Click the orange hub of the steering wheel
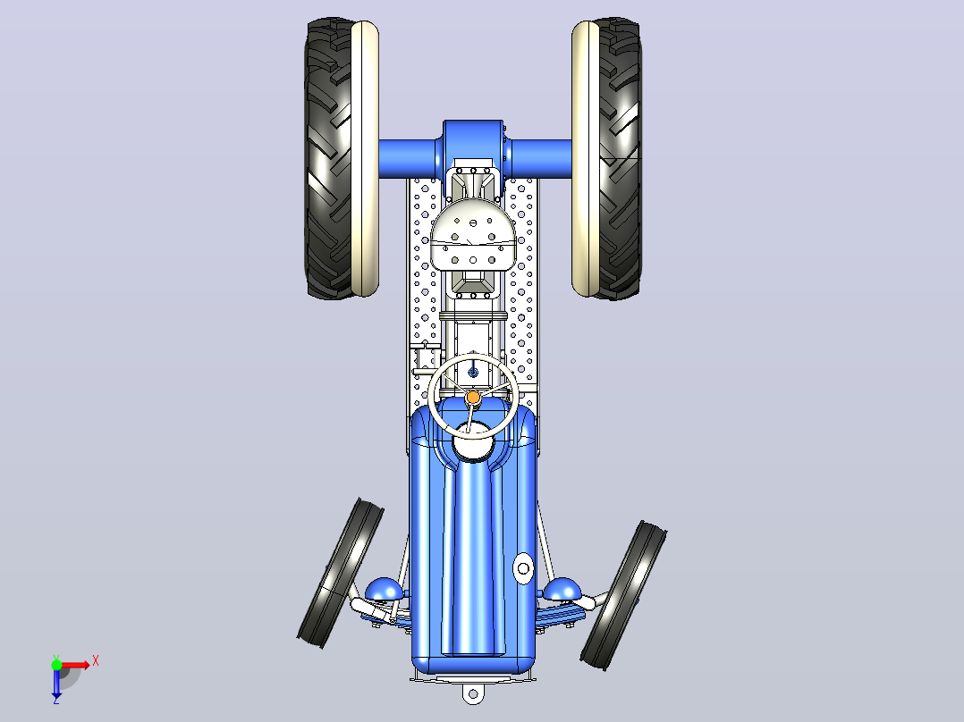tap(473, 398)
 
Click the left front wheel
tap(340, 574)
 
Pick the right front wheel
tap(623, 595)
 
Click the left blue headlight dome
tap(385, 589)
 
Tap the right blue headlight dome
tap(562, 589)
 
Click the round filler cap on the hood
tap(523, 568)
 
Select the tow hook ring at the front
tap(473, 694)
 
